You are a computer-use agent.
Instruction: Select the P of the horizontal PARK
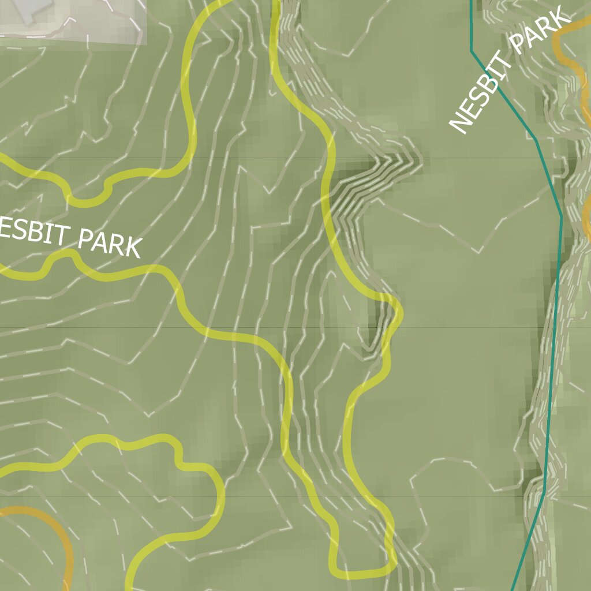[85, 237]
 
